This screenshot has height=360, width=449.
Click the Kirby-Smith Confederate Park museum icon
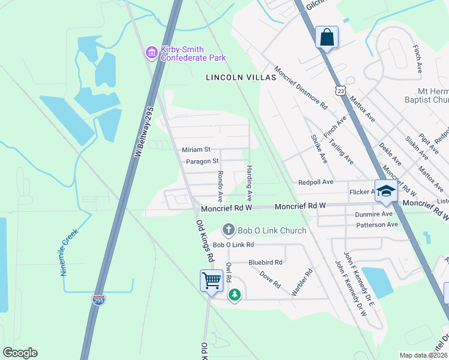(x=151, y=54)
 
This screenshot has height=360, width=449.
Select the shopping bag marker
(x=327, y=37)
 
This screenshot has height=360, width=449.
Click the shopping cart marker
(x=211, y=280)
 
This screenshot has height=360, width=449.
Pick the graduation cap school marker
(x=386, y=191)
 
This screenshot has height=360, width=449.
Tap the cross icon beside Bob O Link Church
(x=228, y=230)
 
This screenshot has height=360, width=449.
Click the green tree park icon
(x=235, y=295)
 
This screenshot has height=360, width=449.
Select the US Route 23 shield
(x=340, y=90)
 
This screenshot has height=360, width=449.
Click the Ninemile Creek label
(x=70, y=251)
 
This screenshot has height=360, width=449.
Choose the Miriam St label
(x=196, y=149)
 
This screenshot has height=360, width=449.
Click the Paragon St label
(x=202, y=161)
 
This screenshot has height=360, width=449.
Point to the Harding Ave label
(x=249, y=184)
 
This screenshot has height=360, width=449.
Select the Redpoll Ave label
(x=315, y=182)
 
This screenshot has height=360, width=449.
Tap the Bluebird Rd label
(x=265, y=262)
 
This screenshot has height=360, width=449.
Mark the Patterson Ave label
(x=377, y=224)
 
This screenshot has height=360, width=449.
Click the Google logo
(x=20, y=353)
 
